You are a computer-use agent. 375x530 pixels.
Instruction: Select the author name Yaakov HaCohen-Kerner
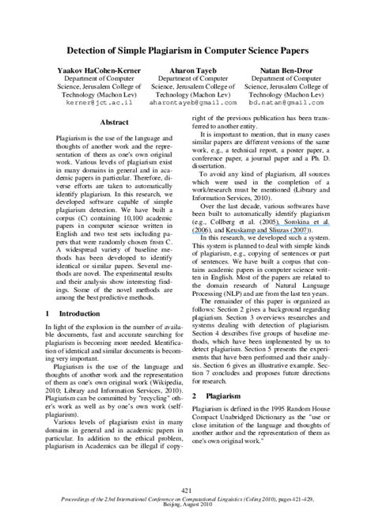coord(96,70)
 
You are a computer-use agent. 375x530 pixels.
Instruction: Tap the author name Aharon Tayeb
coord(187,70)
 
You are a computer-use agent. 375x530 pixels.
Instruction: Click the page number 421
coord(187,490)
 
